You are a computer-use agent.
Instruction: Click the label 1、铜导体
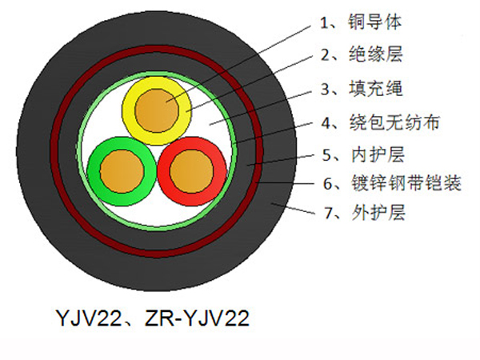tap(360, 22)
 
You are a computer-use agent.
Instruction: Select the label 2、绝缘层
tap(362, 55)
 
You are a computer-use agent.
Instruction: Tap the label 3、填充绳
tap(362, 89)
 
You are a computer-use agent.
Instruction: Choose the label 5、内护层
tap(363, 154)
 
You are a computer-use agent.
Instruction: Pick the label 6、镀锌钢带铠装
tap(392, 183)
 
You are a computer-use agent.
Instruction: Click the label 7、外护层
tap(365, 212)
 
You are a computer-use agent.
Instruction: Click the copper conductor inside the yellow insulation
tap(157, 110)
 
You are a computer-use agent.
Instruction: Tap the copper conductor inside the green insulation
tap(122, 171)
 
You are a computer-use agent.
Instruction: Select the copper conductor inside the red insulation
tap(192, 171)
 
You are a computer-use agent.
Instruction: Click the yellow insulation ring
tap(129, 110)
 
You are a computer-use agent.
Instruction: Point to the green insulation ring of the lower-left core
tap(94, 171)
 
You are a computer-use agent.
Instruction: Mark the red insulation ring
tap(221, 171)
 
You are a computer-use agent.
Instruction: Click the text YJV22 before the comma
tap(89, 318)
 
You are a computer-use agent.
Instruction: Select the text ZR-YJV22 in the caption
tap(197, 318)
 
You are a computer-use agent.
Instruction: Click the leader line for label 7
tap(294, 208)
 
